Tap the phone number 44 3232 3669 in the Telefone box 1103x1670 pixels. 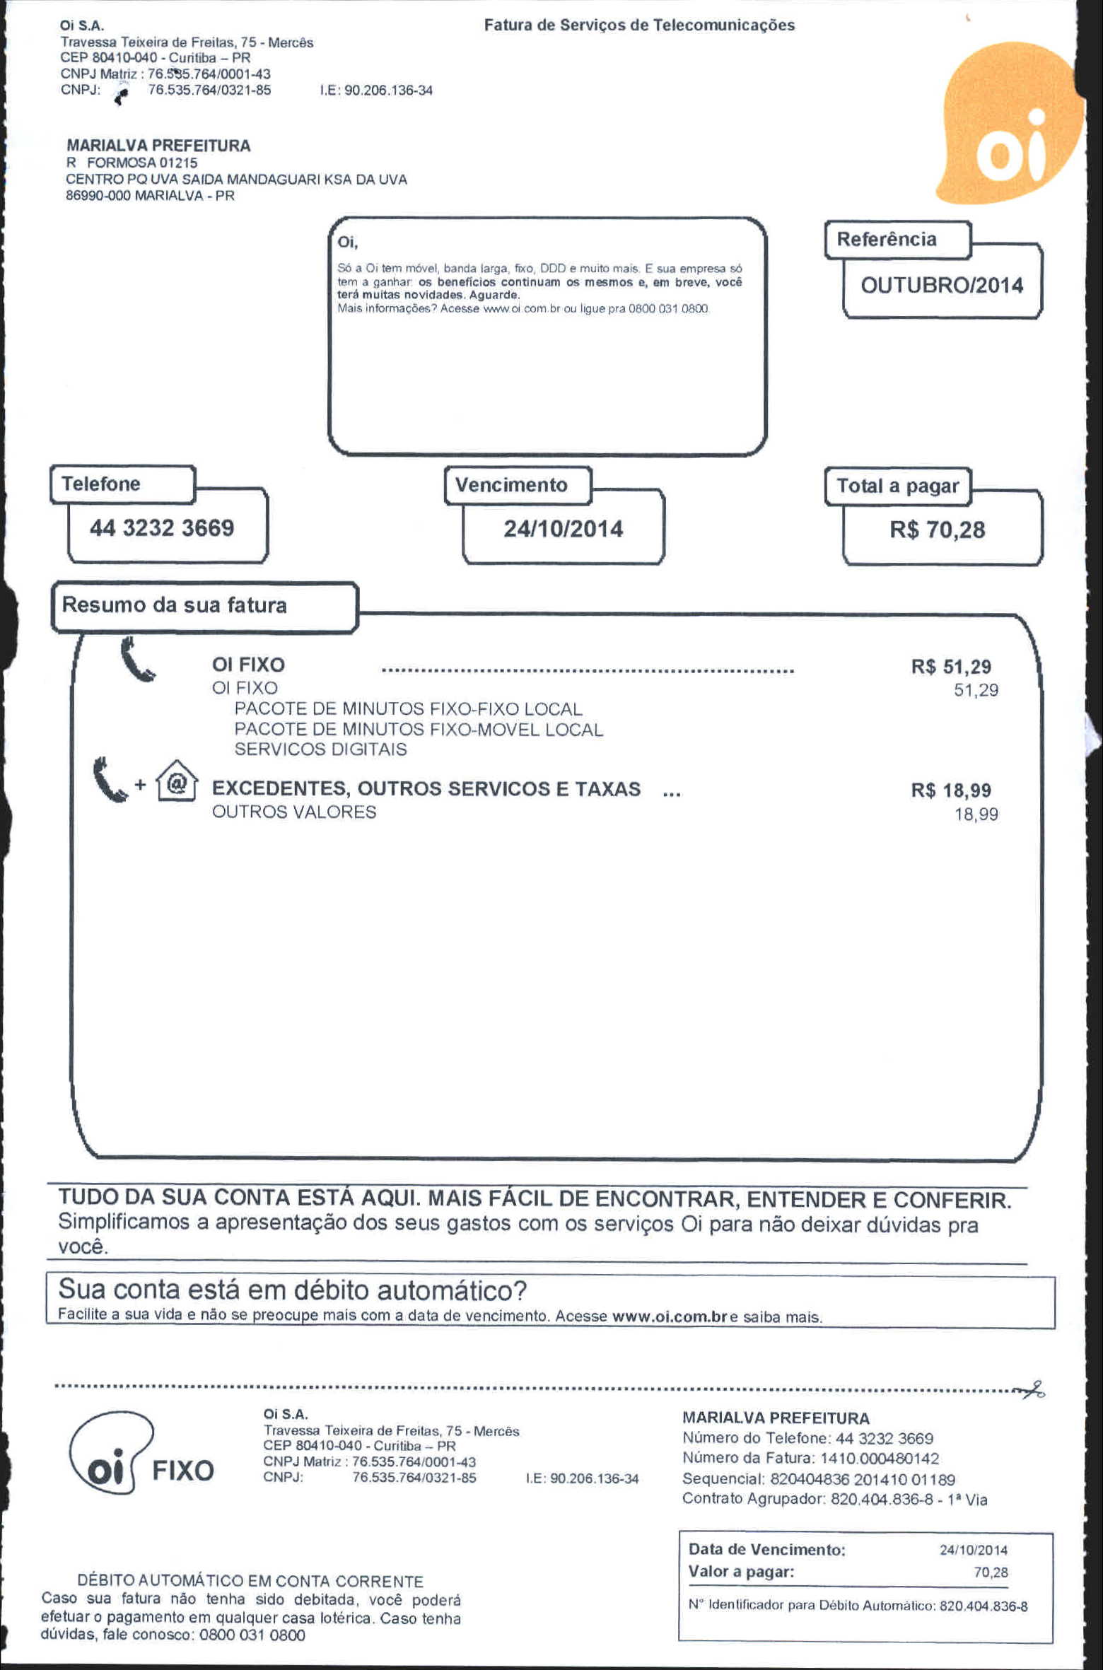[161, 528]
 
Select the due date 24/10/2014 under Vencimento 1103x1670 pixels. [563, 529]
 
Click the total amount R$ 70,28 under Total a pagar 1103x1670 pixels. [937, 530]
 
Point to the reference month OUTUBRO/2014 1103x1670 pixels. [941, 286]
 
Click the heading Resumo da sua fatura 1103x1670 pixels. [175, 605]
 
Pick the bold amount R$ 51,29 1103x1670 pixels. [950, 667]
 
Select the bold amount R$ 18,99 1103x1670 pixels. [950, 790]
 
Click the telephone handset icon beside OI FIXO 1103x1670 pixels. [136, 660]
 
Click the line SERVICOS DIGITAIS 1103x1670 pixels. [320, 749]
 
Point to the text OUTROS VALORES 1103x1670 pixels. [294, 812]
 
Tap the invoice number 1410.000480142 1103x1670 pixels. [879, 1458]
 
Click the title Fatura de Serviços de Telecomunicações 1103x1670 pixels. [639, 25]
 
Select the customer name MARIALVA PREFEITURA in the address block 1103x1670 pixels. [158, 146]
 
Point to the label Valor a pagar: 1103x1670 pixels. [741, 1572]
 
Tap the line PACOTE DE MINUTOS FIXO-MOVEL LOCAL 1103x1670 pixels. [419, 730]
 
